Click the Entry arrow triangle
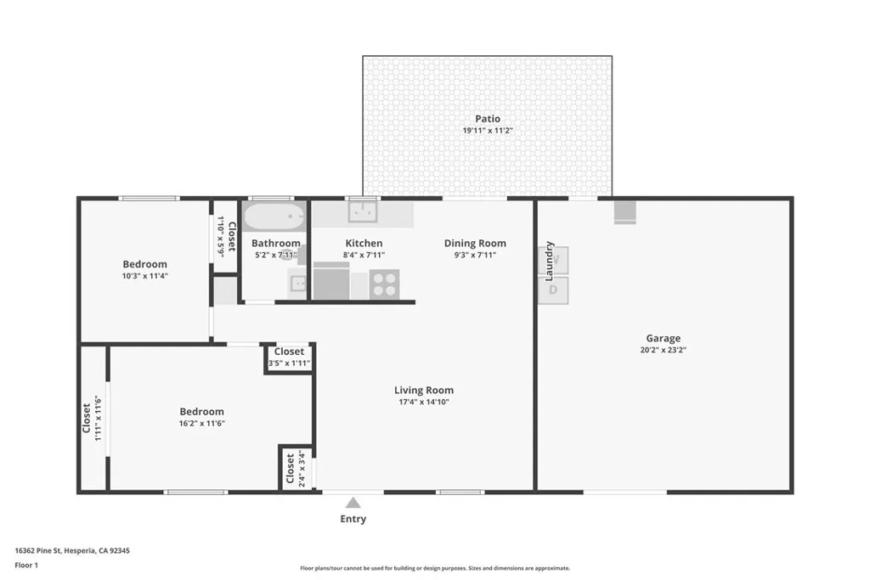(353, 503)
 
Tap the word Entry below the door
(353, 519)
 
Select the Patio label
(488, 119)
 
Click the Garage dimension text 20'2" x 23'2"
(663, 349)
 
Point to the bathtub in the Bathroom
(274, 217)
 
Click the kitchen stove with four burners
(384, 284)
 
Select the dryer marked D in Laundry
(553, 290)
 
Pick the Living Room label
(424, 391)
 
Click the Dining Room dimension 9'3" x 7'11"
(475, 254)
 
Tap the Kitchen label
(364, 243)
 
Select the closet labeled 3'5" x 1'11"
(289, 358)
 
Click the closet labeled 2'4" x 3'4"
(291, 468)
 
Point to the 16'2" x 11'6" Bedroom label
(202, 412)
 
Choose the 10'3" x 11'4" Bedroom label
(144, 264)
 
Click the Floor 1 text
(26, 564)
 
